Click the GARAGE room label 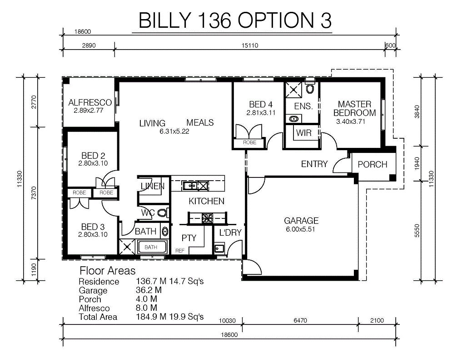tap(301, 221)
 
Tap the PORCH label tap(373, 165)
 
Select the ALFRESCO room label tap(90, 102)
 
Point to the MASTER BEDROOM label tap(354, 108)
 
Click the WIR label tap(304, 133)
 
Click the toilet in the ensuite tap(310, 88)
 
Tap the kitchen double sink tap(190, 185)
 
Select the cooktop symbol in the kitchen tap(207, 218)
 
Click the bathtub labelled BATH tap(152, 247)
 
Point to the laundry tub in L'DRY tap(219, 248)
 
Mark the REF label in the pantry tap(180, 251)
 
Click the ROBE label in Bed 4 tap(249, 142)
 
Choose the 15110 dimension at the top tap(250, 45)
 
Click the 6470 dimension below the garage tap(300, 320)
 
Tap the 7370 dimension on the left tap(34, 193)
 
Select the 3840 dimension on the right tap(417, 112)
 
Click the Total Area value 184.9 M tap(151, 317)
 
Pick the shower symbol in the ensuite tap(293, 90)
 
